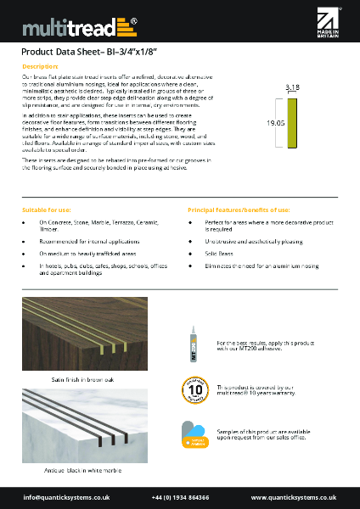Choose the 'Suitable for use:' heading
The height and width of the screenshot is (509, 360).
pos(47,208)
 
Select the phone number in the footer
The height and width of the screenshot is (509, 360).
pos(180,496)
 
